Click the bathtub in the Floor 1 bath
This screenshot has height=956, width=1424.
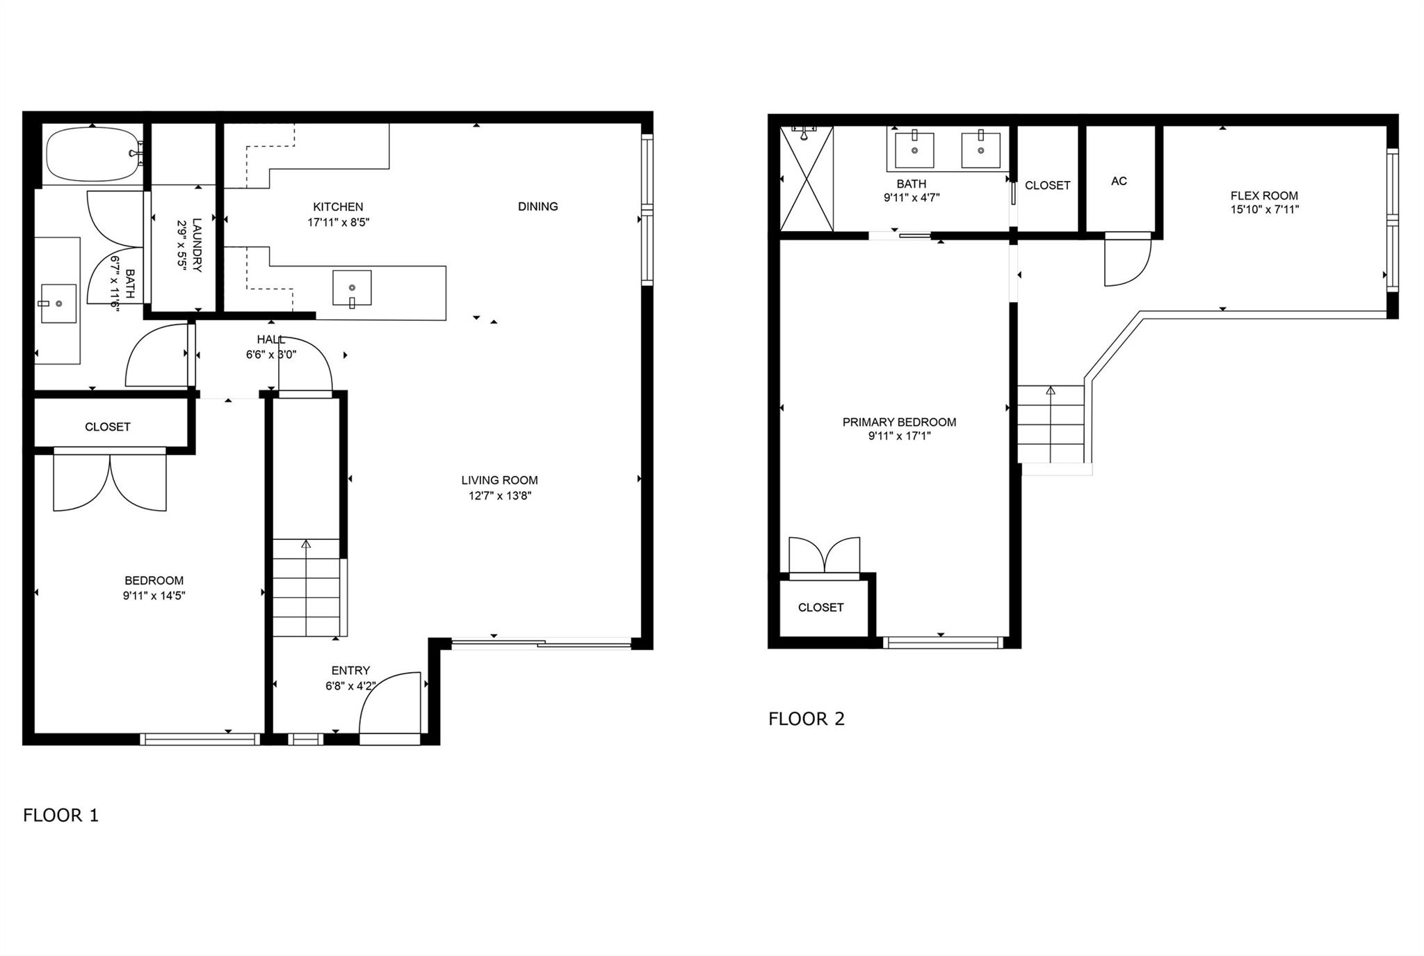pos(92,154)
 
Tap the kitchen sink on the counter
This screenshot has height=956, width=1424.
pos(352,288)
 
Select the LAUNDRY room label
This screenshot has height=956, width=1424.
pos(197,245)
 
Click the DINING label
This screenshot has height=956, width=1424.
pos(538,206)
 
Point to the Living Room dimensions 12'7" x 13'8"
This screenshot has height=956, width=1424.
pos(500,496)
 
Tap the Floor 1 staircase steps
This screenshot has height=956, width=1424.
pos(306,588)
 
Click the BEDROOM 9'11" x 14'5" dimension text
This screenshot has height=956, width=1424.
pos(154,596)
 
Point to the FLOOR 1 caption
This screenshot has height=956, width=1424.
pos(61,815)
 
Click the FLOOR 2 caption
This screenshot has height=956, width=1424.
pos(807,719)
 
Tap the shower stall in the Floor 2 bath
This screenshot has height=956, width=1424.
pos(807,178)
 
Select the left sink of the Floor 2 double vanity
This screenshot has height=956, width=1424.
pos(914,150)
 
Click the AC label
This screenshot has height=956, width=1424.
pos(1119,181)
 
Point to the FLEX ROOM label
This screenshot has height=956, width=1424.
pos(1264,196)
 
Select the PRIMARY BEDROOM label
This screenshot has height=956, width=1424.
pos(899,422)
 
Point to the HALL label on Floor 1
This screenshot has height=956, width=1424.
pos(271,340)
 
